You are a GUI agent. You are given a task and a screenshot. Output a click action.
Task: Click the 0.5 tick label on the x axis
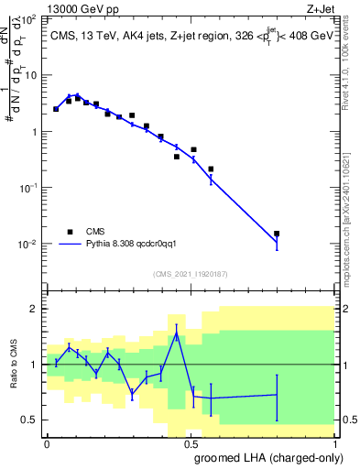point(190,442)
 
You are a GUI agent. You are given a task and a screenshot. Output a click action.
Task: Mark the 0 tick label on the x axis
point(47,442)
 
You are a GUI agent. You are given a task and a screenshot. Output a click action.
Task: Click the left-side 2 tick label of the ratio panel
point(35,309)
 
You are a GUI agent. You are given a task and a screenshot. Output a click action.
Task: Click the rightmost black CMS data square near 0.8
point(277,234)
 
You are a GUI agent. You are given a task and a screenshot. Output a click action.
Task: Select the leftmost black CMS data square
point(56,109)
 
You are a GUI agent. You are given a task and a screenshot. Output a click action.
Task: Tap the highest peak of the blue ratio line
point(176,333)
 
